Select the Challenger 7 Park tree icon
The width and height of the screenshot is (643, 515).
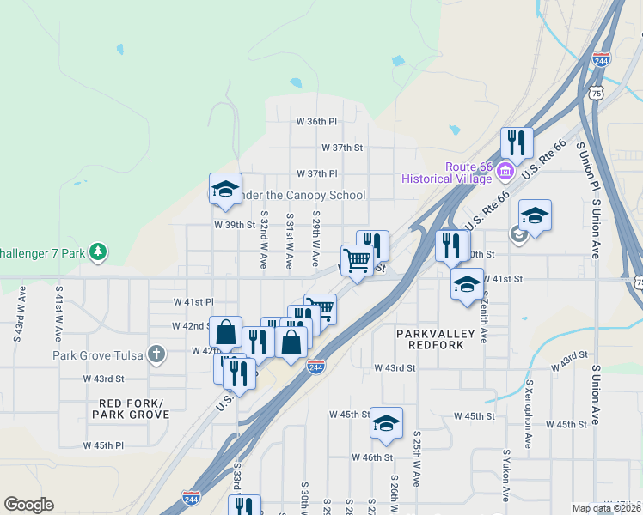[x=100, y=251]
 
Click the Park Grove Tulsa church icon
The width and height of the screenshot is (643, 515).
[x=156, y=354]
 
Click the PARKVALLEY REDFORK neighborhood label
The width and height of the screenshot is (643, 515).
[x=431, y=338]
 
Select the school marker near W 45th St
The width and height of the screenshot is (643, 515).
[x=386, y=423]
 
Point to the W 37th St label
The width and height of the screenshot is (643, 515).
[x=342, y=148]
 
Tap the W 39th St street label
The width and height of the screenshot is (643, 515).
[x=236, y=225]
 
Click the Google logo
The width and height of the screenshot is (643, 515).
[x=28, y=505]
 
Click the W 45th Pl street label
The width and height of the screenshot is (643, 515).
[x=103, y=445]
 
